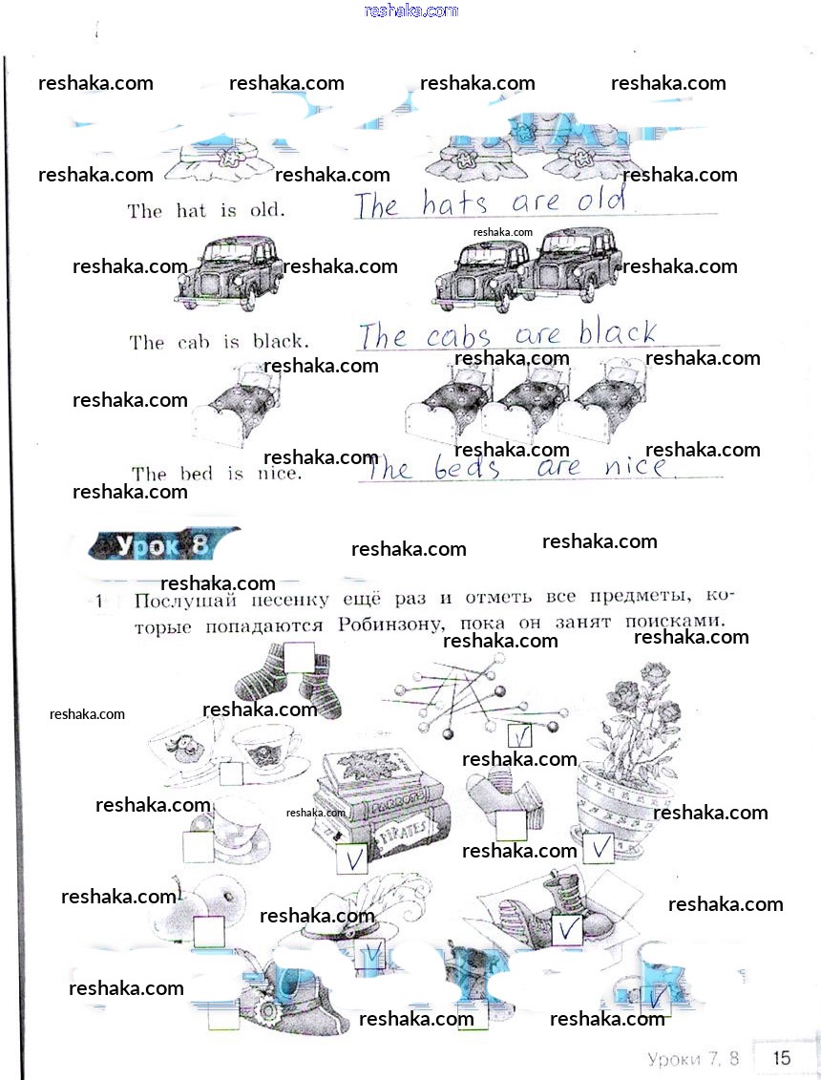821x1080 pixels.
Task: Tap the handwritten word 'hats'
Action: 454,203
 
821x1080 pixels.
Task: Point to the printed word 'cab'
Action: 194,342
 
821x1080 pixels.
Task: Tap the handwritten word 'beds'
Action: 467,468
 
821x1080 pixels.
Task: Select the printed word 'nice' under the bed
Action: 279,474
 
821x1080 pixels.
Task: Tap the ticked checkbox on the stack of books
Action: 351,859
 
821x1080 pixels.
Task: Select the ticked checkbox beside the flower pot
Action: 600,847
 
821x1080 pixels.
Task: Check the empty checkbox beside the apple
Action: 208,932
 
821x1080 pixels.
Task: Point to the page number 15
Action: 781,1057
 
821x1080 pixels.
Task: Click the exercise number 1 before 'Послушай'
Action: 99,602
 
